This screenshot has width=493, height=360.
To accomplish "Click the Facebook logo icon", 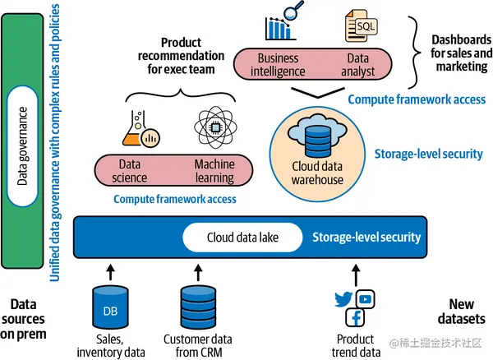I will pos(355,317).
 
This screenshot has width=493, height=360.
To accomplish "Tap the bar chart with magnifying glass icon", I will pos(279,25).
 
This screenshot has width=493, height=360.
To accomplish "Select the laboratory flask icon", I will pos(139,129).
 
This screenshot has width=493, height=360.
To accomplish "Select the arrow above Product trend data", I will pos(356,272).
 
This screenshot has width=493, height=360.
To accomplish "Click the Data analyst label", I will pos(359,65).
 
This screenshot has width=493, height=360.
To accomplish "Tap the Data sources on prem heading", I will pos(23,319).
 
